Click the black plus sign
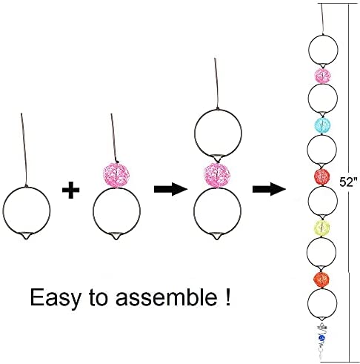(x=71, y=190)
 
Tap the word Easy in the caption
(x=56, y=297)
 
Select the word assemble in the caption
(x=167, y=297)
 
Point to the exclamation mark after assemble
(x=227, y=297)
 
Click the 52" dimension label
(x=348, y=182)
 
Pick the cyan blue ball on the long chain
(x=322, y=125)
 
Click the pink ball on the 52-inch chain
(x=323, y=75)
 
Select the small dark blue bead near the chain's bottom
(x=322, y=337)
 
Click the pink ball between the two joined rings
(x=216, y=176)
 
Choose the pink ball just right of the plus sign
(x=116, y=176)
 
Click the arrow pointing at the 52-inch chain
(x=269, y=189)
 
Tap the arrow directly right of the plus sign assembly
(x=171, y=189)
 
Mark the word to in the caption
(x=99, y=297)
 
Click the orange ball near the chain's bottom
(x=321, y=279)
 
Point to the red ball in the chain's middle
(x=322, y=177)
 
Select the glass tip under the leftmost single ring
(x=26, y=236)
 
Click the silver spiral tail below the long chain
(x=322, y=340)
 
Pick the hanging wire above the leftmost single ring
(x=24, y=150)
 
